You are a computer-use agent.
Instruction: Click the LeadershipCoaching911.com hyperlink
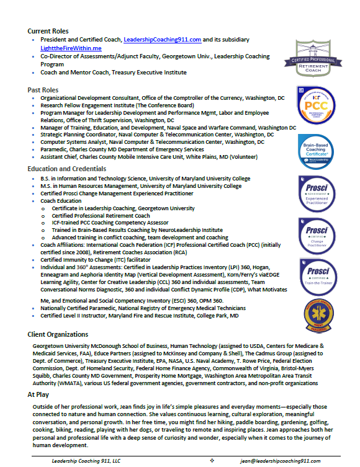click(162, 39)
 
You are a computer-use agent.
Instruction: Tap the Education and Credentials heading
click(66, 169)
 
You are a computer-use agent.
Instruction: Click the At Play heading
click(39, 394)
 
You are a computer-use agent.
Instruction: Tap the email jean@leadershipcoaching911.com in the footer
click(281, 461)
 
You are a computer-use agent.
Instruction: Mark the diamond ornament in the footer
click(212, 461)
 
